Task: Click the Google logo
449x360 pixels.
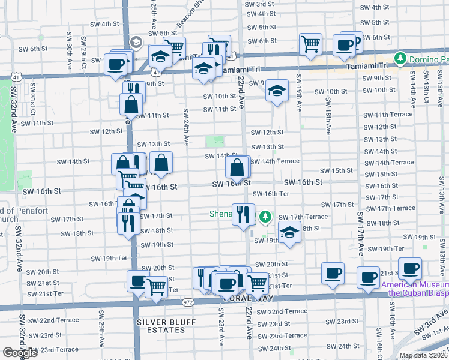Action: pyautogui.click(x=20, y=353)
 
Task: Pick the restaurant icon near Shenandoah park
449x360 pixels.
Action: pyautogui.click(x=243, y=215)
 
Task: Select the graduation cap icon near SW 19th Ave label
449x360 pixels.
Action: pyautogui.click(x=276, y=90)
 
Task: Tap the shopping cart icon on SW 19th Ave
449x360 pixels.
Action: pyautogui.click(x=311, y=43)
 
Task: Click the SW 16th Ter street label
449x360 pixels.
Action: pyautogui.click(x=271, y=194)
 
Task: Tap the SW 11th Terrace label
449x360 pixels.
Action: pyautogui.click(x=388, y=115)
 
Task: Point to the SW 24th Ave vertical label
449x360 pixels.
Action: pyautogui.click(x=186, y=127)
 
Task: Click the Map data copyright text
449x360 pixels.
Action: pyautogui.click(x=423, y=355)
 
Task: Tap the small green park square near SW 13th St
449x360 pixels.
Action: pyautogui.click(x=215, y=142)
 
